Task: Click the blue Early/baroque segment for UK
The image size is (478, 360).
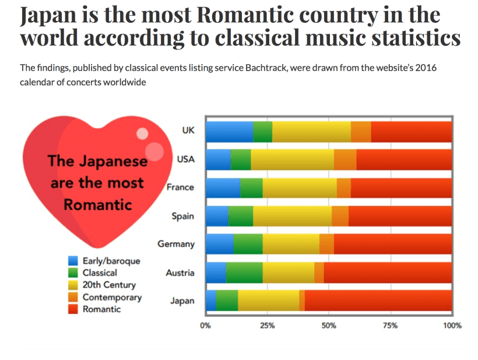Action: click(229, 131)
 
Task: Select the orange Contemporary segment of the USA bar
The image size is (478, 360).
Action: click(345, 159)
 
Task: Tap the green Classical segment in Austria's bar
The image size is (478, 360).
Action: click(244, 272)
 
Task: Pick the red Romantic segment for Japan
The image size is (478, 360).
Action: click(378, 301)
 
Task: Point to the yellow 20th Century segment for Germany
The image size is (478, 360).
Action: click(291, 244)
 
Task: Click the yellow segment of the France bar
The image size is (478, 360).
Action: click(300, 188)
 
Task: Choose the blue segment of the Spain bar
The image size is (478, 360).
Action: click(217, 216)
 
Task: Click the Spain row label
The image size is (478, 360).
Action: click(183, 216)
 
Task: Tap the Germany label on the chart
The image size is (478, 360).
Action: click(176, 244)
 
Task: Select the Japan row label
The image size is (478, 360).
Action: click(182, 301)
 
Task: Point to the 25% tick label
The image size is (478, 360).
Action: click(267, 325)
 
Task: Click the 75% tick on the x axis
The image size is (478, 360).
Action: click(391, 325)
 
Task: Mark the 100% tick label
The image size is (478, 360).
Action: click(452, 325)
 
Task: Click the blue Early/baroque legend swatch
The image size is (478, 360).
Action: click(73, 261)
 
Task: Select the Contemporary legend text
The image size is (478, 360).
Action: click(112, 297)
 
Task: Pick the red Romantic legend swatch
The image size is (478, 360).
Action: click(73, 309)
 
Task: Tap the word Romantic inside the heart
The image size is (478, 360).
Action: click(97, 205)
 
